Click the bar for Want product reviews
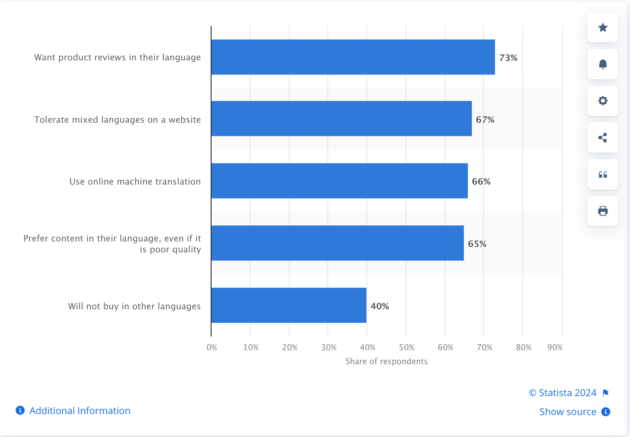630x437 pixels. pos(352,57)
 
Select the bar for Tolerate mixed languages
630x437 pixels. pos(341,119)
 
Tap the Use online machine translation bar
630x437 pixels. pos(339,181)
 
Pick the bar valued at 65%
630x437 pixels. pos(337,243)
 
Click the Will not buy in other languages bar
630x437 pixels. pos(289,305)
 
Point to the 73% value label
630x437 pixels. pos(508,58)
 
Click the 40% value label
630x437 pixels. pos(379,306)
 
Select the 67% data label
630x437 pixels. pos(485,120)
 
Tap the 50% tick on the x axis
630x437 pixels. pos(406,347)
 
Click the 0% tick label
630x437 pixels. pos(212,347)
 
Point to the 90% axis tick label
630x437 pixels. pos(555,347)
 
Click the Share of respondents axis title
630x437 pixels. pos(386,361)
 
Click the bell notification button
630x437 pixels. pos(603,64)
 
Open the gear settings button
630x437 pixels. pos(603,101)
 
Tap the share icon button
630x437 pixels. pos(603,138)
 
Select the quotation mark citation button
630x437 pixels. pos(603,175)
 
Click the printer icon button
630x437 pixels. pos(603,211)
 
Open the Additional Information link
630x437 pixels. pos(79,411)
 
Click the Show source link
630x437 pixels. pos(568,412)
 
